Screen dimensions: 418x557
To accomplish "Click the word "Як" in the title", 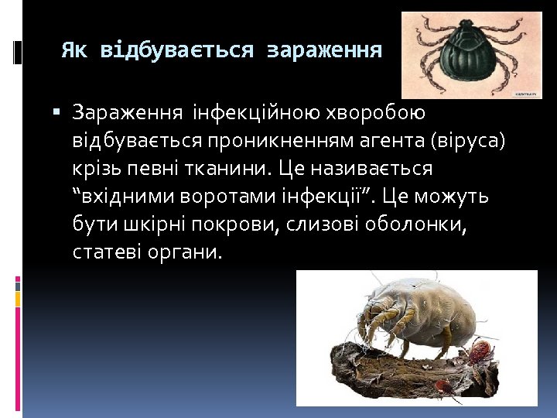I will [x=74, y=51].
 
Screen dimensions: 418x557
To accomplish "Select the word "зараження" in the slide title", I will [x=324, y=51].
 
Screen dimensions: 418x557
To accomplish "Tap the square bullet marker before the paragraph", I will [x=56, y=113].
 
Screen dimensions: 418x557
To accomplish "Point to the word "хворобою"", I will [x=374, y=113].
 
